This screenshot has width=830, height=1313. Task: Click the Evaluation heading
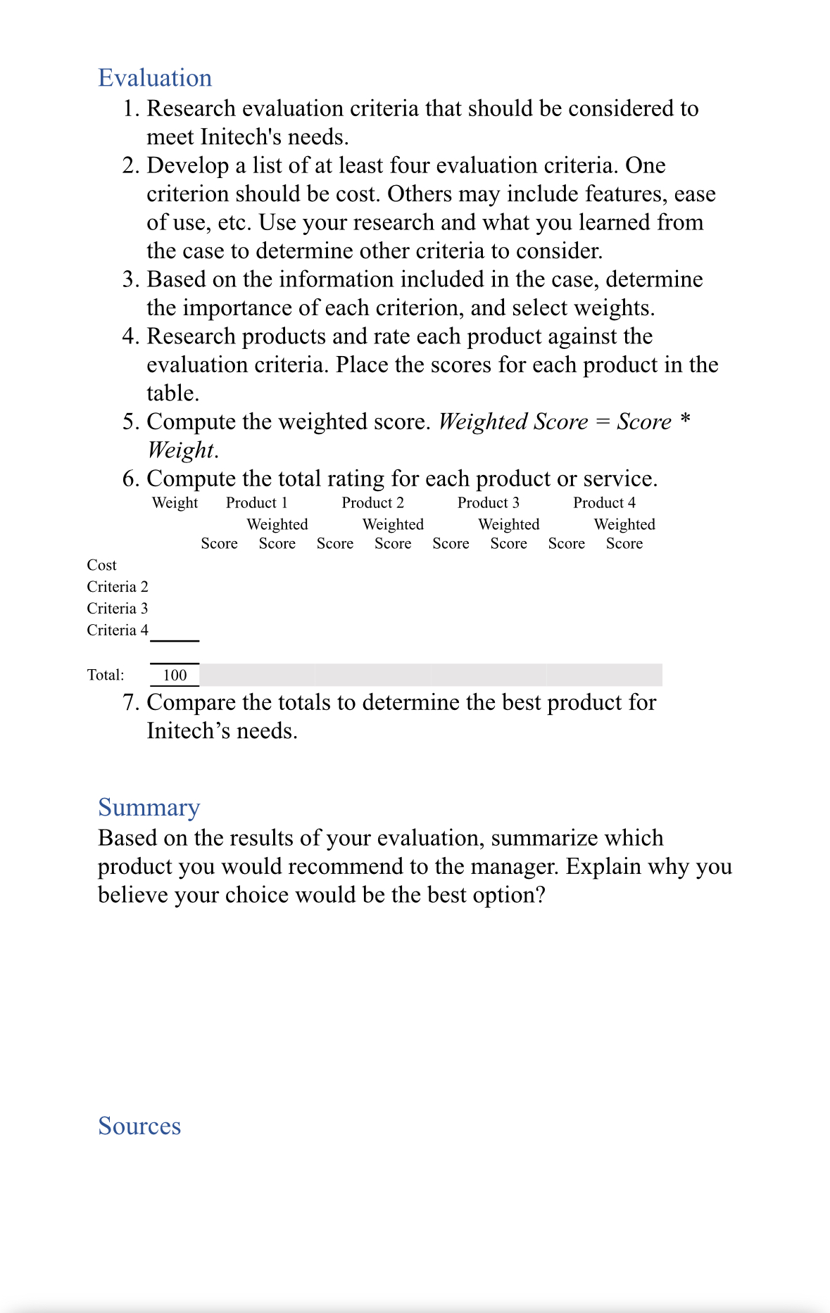coord(155,78)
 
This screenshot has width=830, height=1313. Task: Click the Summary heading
coord(149,808)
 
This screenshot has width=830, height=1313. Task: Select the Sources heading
coord(139,1126)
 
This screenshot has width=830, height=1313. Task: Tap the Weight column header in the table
coord(175,503)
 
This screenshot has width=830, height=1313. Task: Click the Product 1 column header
coord(256,503)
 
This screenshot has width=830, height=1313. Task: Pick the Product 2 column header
coord(372,503)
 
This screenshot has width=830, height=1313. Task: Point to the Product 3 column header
coord(488,503)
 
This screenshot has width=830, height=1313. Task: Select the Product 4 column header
coord(604,503)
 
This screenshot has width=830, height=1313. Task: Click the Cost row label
coord(101,565)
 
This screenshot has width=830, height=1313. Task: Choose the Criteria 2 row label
coord(118,587)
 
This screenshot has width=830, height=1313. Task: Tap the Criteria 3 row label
coord(118,609)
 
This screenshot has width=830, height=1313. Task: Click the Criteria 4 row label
coord(118,630)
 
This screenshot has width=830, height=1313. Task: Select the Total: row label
coord(106,675)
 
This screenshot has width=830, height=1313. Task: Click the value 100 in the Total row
coord(175,675)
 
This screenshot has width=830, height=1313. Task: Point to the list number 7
coord(130,703)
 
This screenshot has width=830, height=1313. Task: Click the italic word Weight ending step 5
coord(180,450)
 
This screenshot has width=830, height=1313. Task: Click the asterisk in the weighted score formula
coord(684,421)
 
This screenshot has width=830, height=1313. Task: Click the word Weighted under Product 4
coord(624,525)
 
